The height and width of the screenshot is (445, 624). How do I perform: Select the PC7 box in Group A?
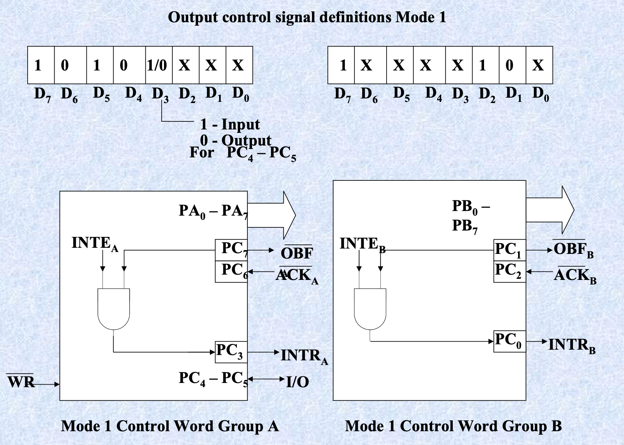231,250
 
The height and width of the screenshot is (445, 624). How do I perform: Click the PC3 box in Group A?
231,352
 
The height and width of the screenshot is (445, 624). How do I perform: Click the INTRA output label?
304,356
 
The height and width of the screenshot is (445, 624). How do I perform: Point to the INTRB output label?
572,345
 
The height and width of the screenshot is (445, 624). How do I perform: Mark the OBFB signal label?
573,250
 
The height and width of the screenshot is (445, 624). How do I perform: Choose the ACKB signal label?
575,275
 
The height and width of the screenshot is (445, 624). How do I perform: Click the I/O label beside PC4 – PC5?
298,382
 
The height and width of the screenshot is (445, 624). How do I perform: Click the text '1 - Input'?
230,124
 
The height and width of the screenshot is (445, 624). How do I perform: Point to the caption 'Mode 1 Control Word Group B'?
453,426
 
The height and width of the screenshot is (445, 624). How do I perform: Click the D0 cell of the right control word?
539,65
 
